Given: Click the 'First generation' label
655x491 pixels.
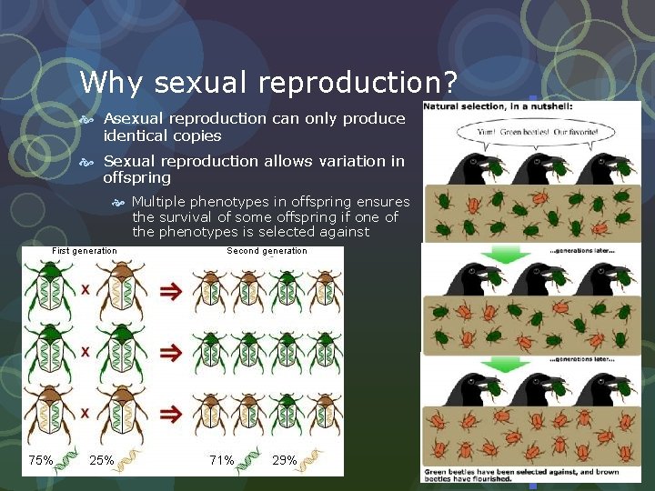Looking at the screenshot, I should pos(85,251).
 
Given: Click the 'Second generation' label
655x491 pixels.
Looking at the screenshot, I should pos(267,251).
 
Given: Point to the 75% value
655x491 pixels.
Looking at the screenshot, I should pos(41,460).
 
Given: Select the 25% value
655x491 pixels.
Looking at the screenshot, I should pos(101,460).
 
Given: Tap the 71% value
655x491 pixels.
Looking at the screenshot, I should pos(222,460).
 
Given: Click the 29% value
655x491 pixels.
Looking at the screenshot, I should pos(285,460).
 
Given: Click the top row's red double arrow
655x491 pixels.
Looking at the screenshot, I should pos(170,291).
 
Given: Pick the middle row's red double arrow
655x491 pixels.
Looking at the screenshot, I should pos(170,351).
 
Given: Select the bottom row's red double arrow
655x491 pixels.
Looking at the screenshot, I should pos(170,413).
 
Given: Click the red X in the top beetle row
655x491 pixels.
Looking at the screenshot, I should pos(85,290).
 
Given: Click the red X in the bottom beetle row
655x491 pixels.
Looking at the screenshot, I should pos(85,413).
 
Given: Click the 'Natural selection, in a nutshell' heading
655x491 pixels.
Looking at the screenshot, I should pos(497,107).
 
